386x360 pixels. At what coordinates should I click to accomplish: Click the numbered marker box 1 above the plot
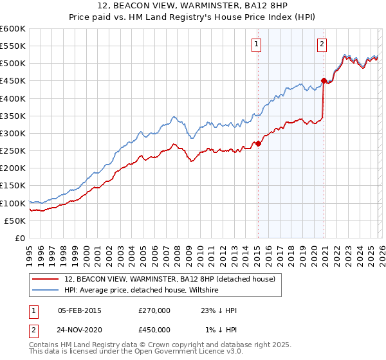click(257, 44)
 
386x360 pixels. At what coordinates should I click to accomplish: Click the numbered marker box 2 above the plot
click(322, 44)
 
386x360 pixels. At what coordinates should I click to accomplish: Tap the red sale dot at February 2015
click(258, 144)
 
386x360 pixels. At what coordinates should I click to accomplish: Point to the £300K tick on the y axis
click(13, 133)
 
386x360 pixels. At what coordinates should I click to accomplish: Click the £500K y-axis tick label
click(13, 64)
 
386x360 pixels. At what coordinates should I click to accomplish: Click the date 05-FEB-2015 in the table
click(79, 310)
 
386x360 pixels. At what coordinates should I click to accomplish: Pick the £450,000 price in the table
click(154, 330)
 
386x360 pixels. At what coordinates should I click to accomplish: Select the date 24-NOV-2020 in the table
click(80, 330)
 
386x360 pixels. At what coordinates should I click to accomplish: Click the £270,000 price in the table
click(154, 310)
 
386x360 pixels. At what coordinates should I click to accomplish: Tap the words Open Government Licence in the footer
click(169, 352)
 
